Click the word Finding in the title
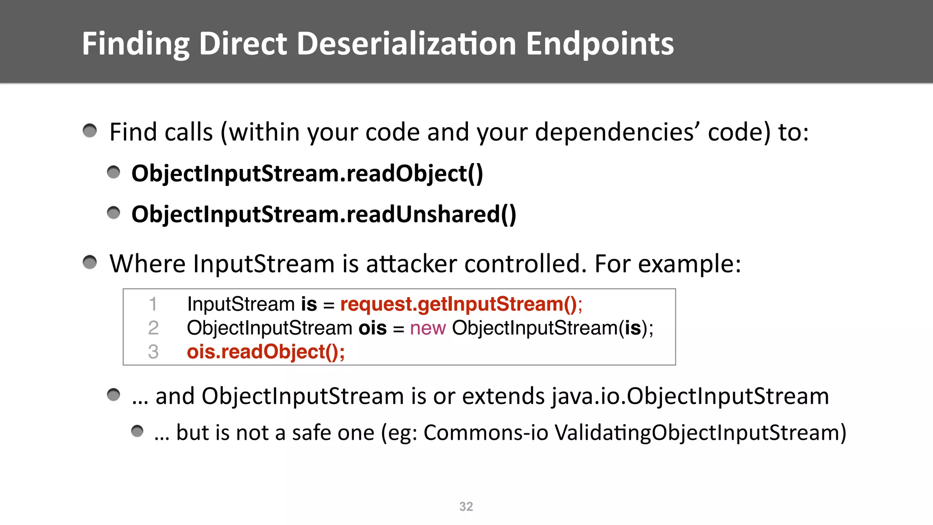pyautogui.click(x=136, y=44)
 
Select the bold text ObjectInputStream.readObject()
pyautogui.click(x=307, y=174)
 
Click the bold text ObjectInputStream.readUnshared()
pyautogui.click(x=324, y=214)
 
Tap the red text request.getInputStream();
pyautogui.click(x=461, y=304)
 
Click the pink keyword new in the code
pyautogui.click(x=427, y=328)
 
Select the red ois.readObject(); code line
pyautogui.click(x=266, y=352)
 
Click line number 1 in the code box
pyautogui.click(x=153, y=304)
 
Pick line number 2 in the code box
pyautogui.click(x=153, y=328)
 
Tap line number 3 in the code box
pyautogui.click(x=153, y=352)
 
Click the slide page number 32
pyautogui.click(x=466, y=506)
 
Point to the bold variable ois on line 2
pyautogui.click(x=372, y=328)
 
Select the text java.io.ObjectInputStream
pyautogui.click(x=690, y=396)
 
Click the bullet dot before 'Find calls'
pyautogui.click(x=90, y=131)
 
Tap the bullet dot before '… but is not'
pyautogui.click(x=137, y=431)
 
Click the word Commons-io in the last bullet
pyautogui.click(x=486, y=432)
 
